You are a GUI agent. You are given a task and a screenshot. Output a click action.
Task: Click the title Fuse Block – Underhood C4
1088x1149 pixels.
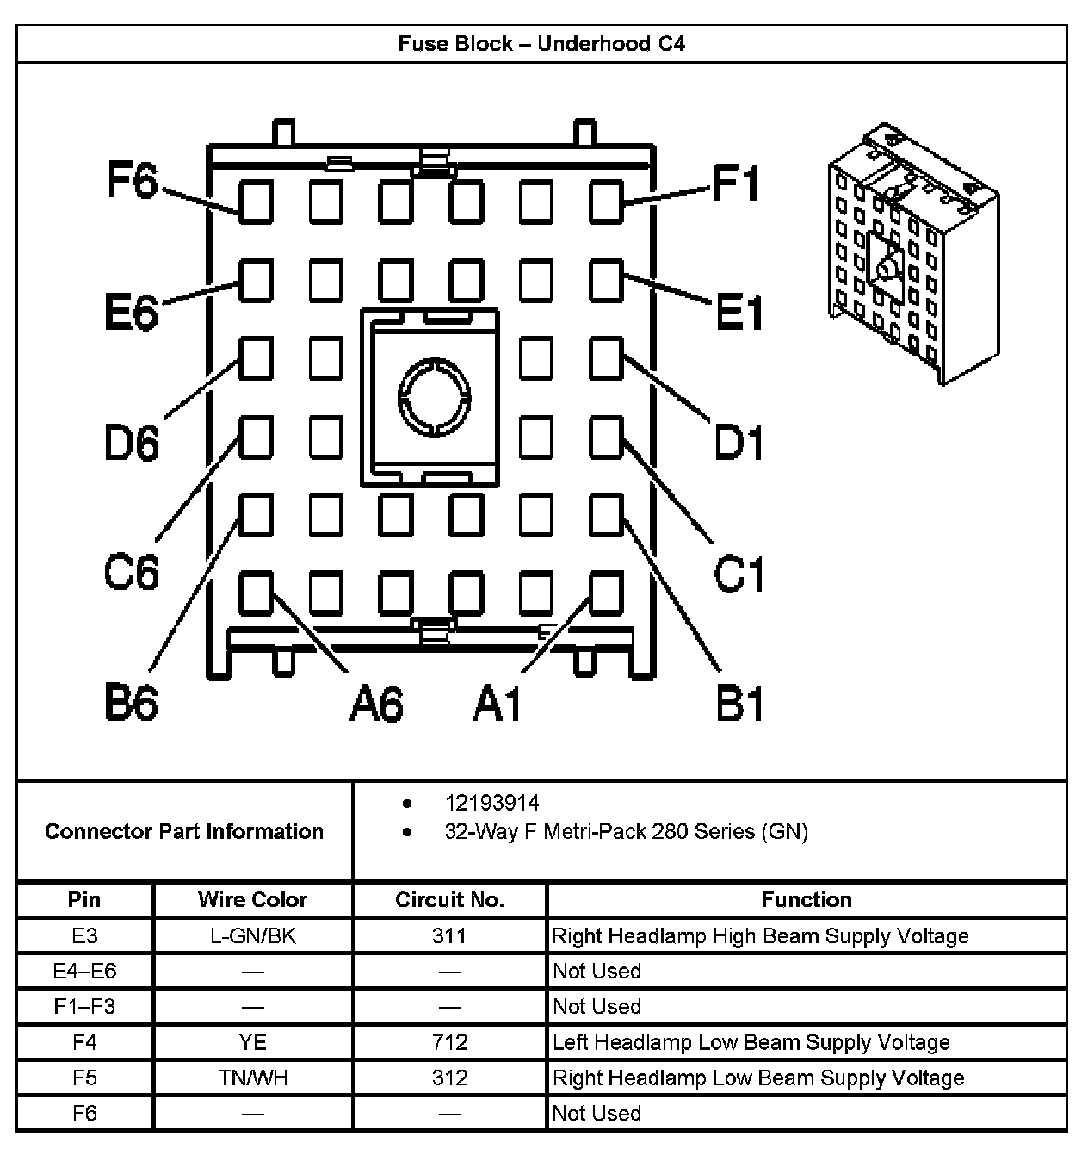coord(541,44)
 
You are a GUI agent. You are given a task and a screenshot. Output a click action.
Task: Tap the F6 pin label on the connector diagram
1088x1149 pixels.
coord(132,182)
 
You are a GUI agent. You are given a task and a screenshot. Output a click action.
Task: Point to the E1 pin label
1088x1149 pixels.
coord(739,312)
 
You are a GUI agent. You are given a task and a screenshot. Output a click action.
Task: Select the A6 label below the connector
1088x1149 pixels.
coord(376,703)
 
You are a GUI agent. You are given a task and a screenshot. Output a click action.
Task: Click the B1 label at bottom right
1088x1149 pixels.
coord(739,703)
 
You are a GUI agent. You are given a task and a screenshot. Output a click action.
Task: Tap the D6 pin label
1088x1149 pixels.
coord(132,443)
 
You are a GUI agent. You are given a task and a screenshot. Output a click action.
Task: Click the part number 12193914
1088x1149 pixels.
coord(491,803)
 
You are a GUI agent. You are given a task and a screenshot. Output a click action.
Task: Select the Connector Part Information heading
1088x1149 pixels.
coord(184,831)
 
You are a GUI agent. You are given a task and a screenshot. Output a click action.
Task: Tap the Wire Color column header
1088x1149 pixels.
coord(252,900)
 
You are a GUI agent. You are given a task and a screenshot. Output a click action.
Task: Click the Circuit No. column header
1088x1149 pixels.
coord(449,900)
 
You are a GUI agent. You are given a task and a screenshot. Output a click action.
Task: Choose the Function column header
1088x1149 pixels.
coord(807,900)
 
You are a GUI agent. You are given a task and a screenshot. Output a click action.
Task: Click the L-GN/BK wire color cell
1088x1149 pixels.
coord(252,936)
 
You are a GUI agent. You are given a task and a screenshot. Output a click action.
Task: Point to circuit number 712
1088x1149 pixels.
coord(449,1042)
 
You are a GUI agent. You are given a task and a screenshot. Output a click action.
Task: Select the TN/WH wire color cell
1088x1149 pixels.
coord(252,1078)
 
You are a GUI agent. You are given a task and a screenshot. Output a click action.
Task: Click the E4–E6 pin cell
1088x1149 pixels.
coord(84,972)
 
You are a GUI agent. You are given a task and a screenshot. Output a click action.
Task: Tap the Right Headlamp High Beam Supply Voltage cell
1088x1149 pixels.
coord(760,936)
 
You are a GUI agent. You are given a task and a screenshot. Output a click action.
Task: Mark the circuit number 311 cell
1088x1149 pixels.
coord(449,936)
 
